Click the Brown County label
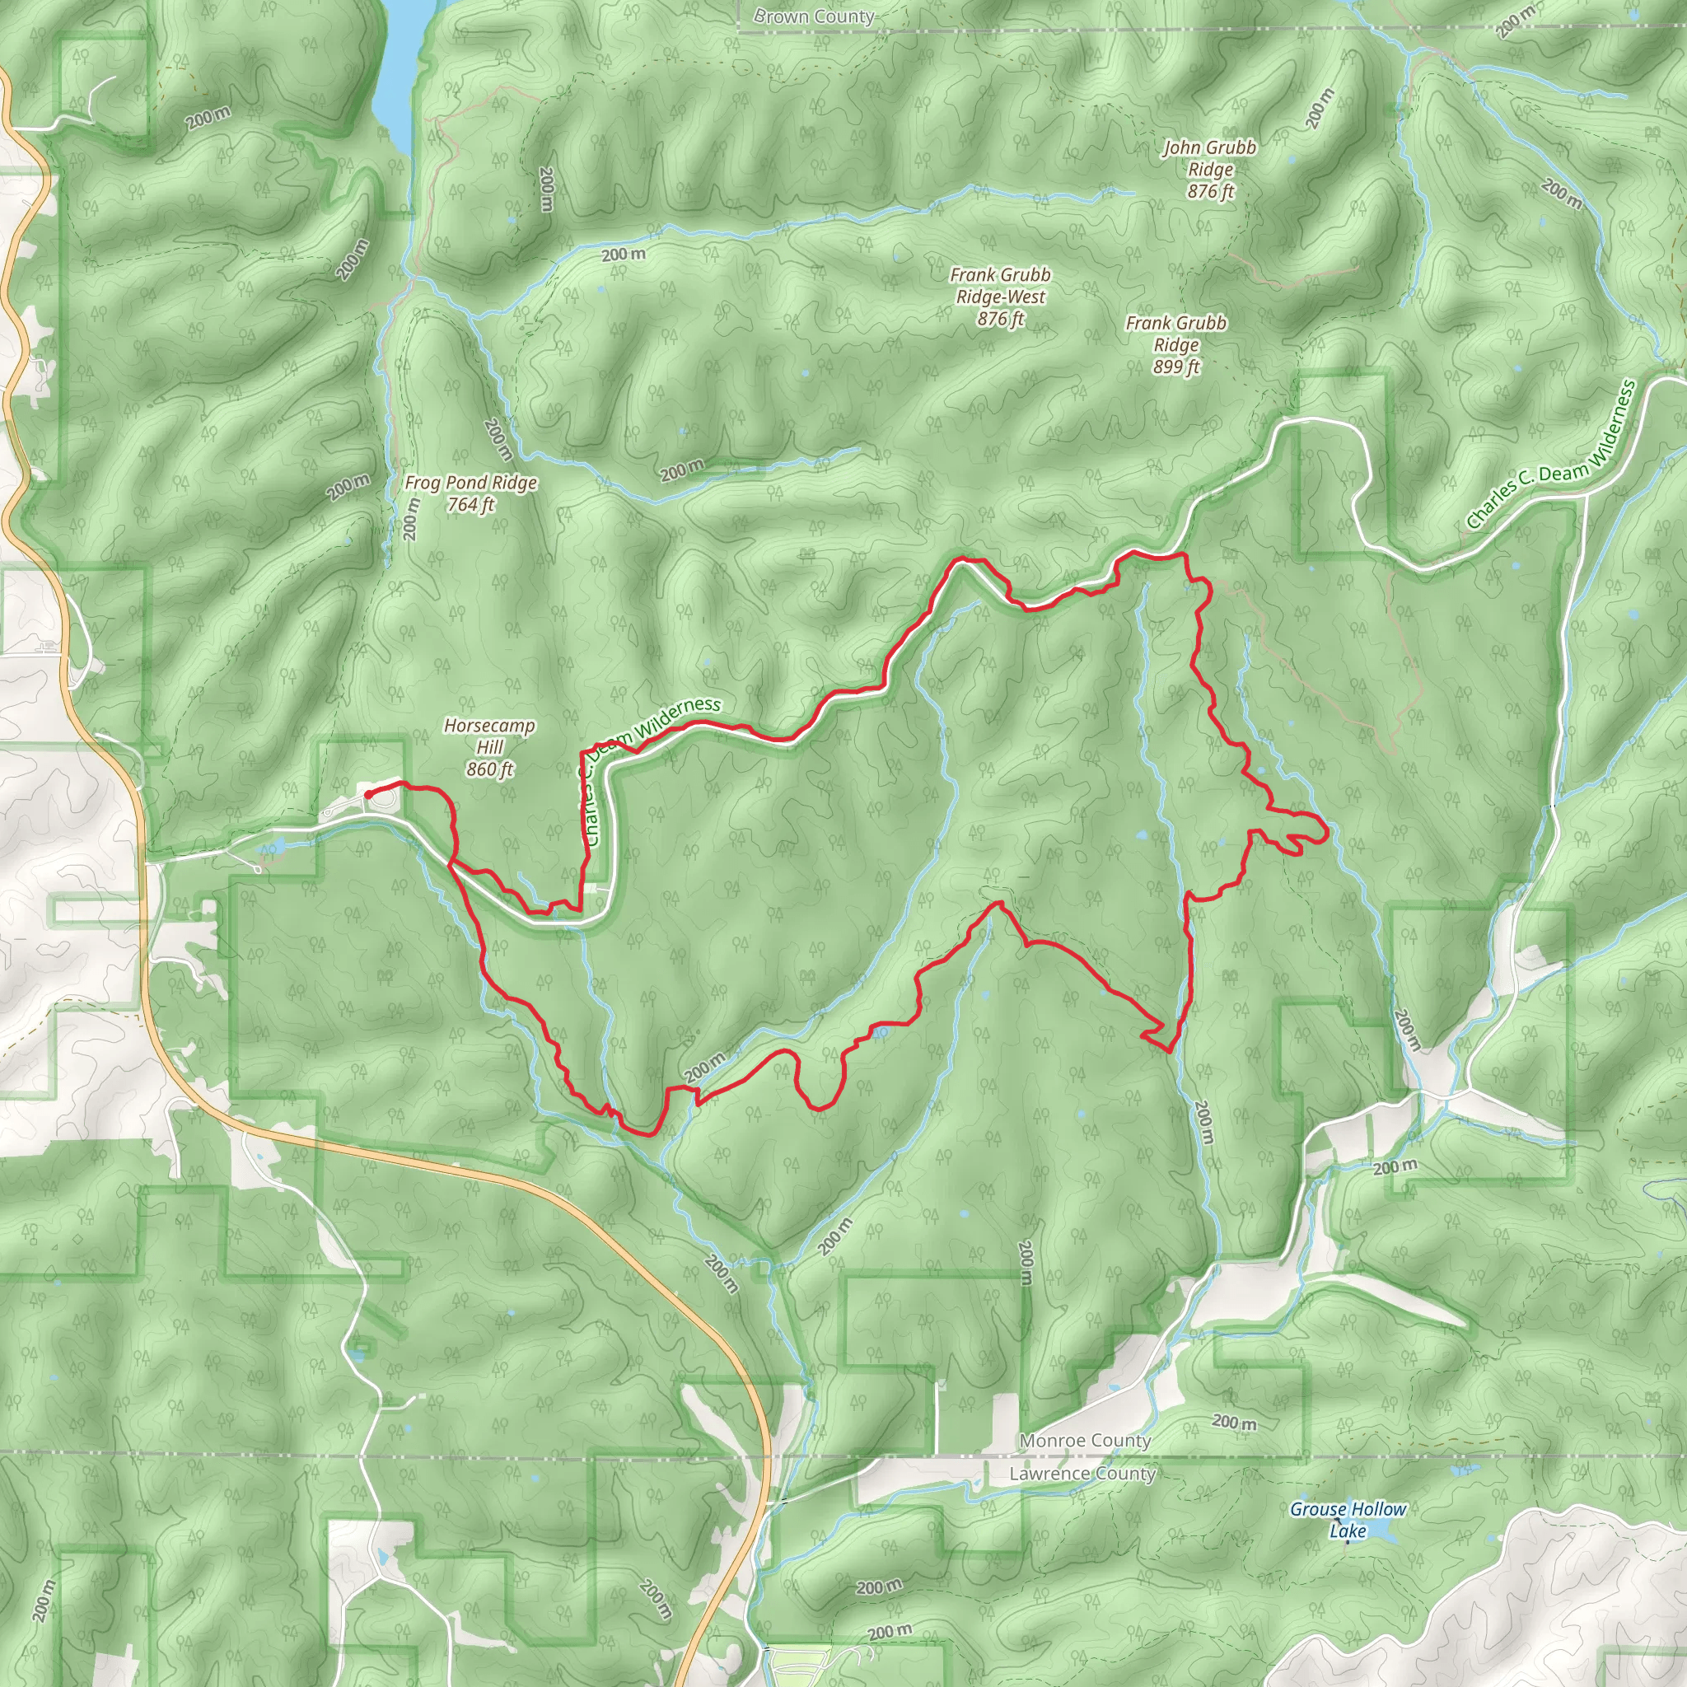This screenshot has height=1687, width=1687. [x=814, y=16]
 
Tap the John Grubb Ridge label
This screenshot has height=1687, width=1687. [x=1209, y=158]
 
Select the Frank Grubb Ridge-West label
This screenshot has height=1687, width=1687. [x=1001, y=286]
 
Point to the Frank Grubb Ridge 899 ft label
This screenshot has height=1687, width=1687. [x=1176, y=344]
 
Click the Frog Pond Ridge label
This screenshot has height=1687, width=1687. [x=470, y=483]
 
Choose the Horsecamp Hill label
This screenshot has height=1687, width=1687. [x=489, y=736]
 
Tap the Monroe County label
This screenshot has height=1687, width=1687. [x=1086, y=1441]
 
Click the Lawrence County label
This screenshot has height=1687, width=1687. [x=1082, y=1474]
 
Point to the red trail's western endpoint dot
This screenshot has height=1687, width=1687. [x=368, y=794]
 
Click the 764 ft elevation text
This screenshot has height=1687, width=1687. [x=470, y=505]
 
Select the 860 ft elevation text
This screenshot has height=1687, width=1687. [x=490, y=769]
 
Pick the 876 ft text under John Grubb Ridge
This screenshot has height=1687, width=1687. [x=1210, y=191]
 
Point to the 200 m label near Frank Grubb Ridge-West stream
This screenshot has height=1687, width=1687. [x=624, y=254]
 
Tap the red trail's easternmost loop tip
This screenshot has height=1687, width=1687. [x=1327, y=833]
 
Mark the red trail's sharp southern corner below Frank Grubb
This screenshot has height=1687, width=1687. [x=1167, y=1051]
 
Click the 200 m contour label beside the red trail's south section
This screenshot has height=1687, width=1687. [x=703, y=1067]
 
